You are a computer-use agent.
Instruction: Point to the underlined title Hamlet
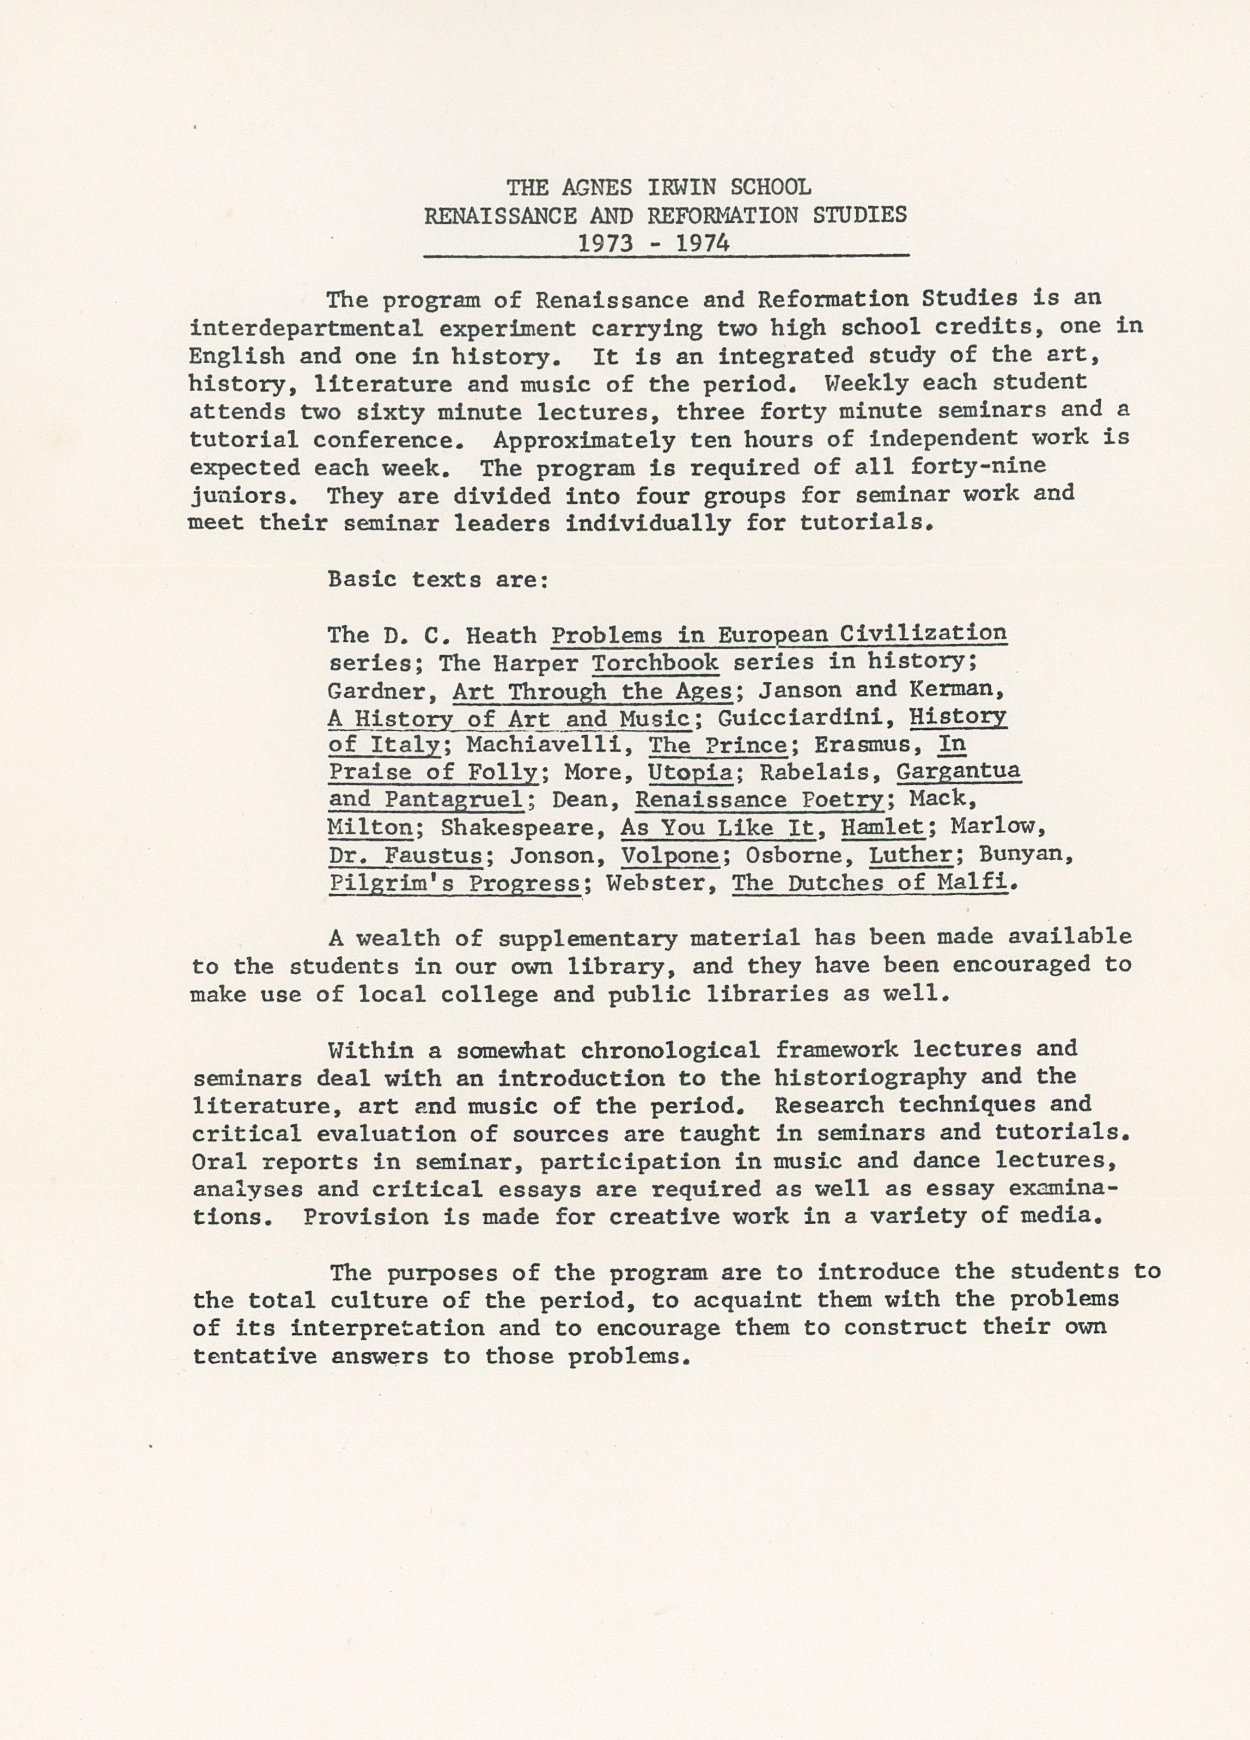coord(882,828)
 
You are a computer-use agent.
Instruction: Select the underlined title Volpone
coord(669,856)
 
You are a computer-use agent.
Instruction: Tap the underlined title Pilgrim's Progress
coord(454,884)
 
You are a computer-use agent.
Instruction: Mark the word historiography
coord(869,1078)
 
